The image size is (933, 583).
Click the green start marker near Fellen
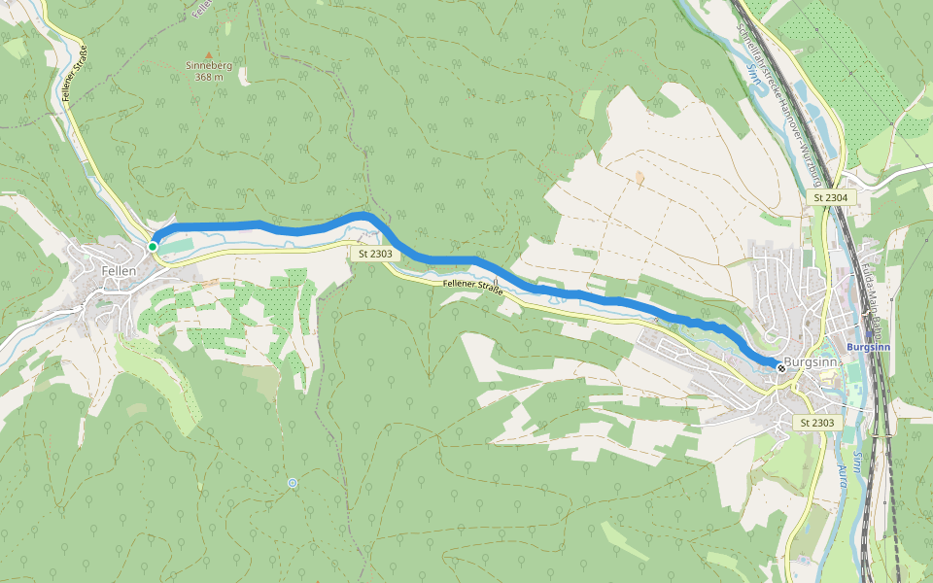[153, 247]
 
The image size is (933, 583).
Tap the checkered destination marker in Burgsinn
[781, 367]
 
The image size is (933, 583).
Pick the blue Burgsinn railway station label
[867, 347]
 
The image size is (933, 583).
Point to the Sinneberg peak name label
[207, 65]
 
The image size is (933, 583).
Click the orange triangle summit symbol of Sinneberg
[207, 54]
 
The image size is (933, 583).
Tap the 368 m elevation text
[207, 77]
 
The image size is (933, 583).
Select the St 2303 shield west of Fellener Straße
[374, 254]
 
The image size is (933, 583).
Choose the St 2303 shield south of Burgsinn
[817, 423]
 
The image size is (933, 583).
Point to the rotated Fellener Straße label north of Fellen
[74, 73]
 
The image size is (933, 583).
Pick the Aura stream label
[841, 475]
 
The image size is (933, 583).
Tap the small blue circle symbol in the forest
[293, 483]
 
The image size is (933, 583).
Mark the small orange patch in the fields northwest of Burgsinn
[639, 178]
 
